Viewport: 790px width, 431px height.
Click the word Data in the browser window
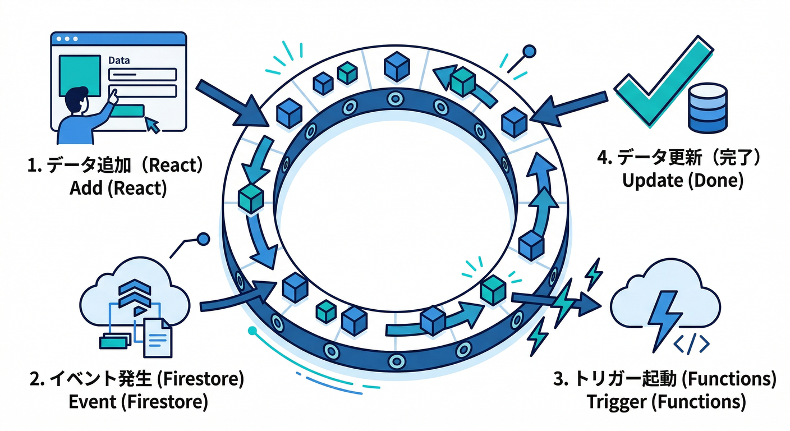(118, 59)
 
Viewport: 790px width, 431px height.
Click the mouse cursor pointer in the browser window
(152, 125)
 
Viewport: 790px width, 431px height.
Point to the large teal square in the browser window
(78, 75)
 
